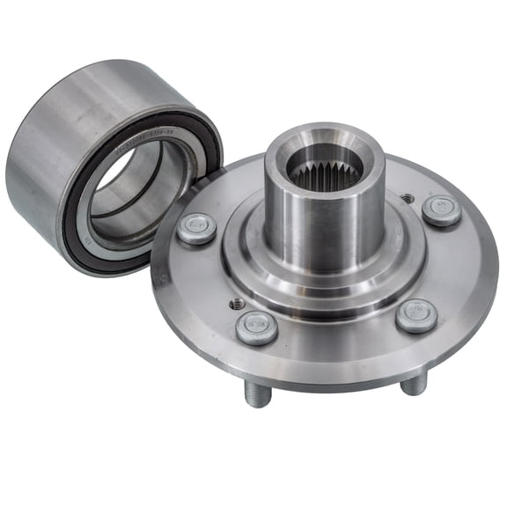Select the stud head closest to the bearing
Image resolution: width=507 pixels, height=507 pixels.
[x=196, y=228]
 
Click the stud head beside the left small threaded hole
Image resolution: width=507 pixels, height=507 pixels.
[x=256, y=327]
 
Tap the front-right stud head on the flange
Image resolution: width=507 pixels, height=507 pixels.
[x=415, y=315]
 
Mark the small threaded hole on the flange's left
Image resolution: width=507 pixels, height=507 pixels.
[x=237, y=303]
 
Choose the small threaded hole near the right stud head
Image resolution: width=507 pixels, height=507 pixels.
[x=407, y=199]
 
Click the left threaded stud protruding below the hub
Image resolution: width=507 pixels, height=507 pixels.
[x=256, y=393]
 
